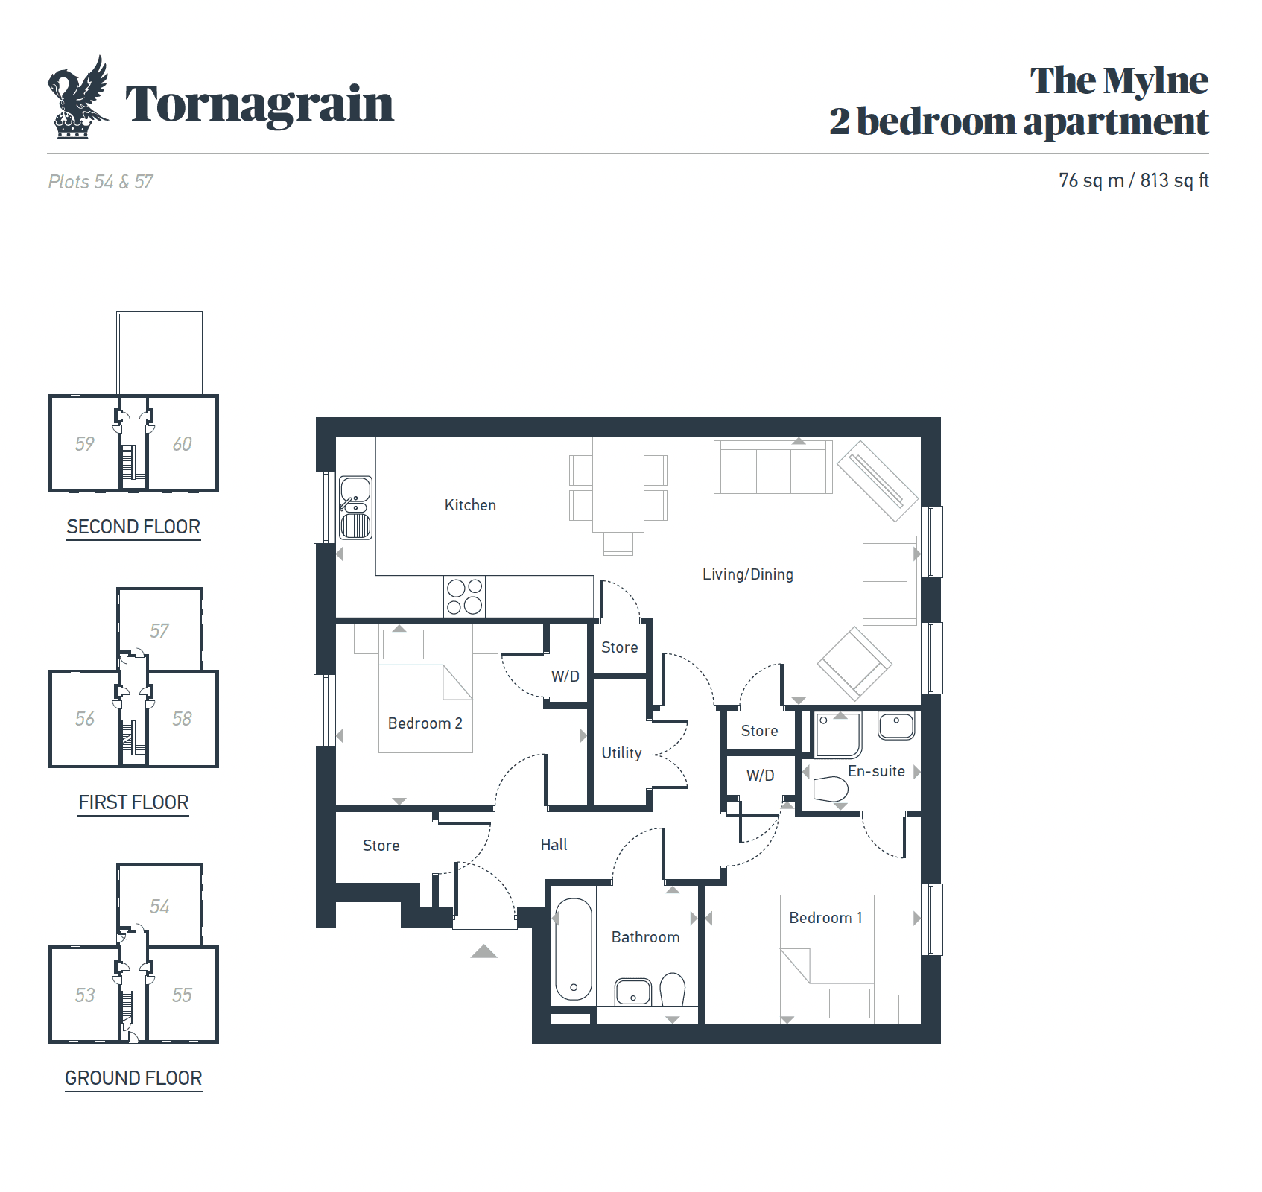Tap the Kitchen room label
(470, 505)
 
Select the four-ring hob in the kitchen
(464, 597)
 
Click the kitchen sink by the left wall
(355, 508)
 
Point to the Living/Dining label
(748, 574)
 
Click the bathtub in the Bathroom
(573, 949)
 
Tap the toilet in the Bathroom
(673, 989)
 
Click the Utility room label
(621, 753)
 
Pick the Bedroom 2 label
(425, 723)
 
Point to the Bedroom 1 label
(825, 918)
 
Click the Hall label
(554, 845)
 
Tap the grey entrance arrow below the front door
(483, 951)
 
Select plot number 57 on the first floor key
(159, 631)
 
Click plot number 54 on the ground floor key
(159, 907)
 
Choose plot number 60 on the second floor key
(182, 444)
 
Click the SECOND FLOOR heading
(133, 527)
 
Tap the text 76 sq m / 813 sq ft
(1133, 180)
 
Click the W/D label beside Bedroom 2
(565, 676)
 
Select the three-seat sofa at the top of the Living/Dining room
(773, 467)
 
